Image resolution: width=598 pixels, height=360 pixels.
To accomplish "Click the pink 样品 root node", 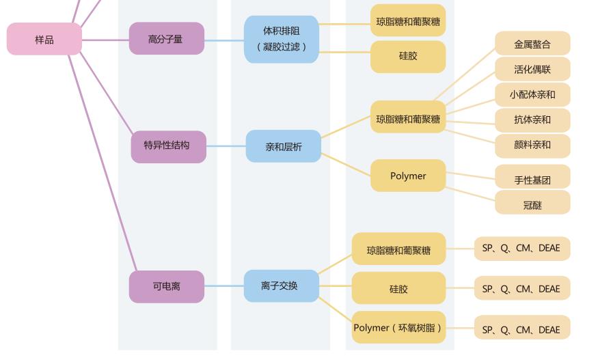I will (44, 40).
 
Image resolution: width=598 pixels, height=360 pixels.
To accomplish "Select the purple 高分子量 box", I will (166, 39).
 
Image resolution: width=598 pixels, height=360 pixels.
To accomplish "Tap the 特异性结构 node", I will (168, 146).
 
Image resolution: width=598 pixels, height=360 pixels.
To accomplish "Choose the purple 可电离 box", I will (166, 286).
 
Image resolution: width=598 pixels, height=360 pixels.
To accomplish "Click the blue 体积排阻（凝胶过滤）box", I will (282, 39).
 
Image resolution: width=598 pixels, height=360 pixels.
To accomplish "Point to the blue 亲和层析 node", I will (283, 146).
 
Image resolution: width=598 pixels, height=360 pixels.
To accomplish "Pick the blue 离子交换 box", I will (281, 286).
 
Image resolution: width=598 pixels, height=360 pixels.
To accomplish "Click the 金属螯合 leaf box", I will (532, 44).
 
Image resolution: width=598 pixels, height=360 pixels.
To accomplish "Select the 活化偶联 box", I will (532, 70).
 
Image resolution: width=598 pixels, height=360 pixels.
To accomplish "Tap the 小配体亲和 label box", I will (532, 95).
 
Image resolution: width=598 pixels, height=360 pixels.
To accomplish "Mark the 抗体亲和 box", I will (532, 120).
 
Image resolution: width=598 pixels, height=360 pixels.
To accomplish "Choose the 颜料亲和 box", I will (532, 146).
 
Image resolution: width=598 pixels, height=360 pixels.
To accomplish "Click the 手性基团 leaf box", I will (532, 180).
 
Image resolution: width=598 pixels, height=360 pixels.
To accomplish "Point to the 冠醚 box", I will (532, 204).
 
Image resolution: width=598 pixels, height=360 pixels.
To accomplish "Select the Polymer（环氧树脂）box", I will (398, 328).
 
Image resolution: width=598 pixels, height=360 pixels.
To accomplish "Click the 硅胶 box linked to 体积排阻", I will (408, 57).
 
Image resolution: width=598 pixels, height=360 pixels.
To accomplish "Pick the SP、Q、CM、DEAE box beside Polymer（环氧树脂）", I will (521, 329).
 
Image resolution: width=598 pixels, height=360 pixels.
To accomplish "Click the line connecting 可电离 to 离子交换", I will (224, 286).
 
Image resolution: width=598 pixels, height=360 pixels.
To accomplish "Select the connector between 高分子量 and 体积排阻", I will (224, 40).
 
